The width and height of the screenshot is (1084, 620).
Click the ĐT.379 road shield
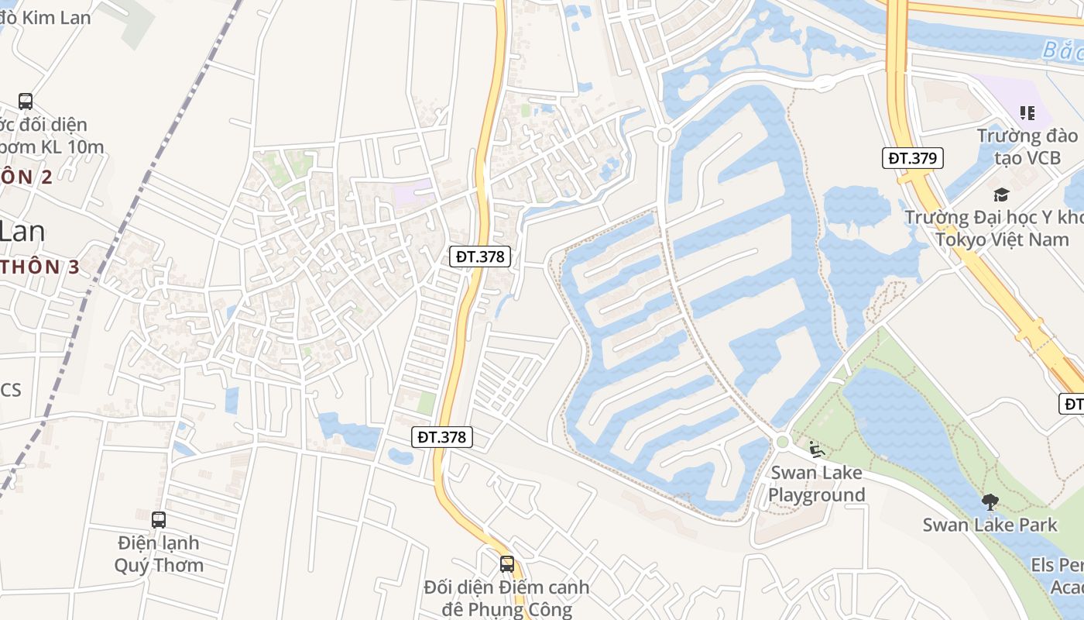pos(913,158)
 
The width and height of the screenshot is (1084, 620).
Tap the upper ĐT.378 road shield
pos(481,257)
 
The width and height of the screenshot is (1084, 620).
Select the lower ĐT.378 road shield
pos(442,437)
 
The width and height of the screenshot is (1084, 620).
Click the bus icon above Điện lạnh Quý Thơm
pos(159,520)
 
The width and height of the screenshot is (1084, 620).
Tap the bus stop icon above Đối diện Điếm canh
pos(507,564)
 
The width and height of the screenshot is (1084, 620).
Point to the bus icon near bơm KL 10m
pos(26,101)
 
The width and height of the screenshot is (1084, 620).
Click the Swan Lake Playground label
pos(816,484)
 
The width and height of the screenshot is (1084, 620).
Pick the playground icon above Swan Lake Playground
pos(816,449)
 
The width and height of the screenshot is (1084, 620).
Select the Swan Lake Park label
pos(990,525)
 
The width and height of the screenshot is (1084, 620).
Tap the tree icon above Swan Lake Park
pos(990,502)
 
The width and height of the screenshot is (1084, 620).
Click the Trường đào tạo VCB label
pos(1026,146)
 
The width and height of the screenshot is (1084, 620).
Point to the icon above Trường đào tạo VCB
pos(1027,114)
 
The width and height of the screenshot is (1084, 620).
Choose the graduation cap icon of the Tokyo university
pos(1002,195)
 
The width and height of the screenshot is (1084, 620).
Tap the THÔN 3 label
pos(40,267)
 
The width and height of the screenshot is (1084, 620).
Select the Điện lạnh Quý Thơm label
pos(159,553)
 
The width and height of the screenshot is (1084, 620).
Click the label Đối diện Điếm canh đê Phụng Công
pos(506,598)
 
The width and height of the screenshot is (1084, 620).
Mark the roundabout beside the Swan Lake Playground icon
pos(782,442)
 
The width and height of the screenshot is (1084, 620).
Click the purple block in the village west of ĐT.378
pos(413,192)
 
